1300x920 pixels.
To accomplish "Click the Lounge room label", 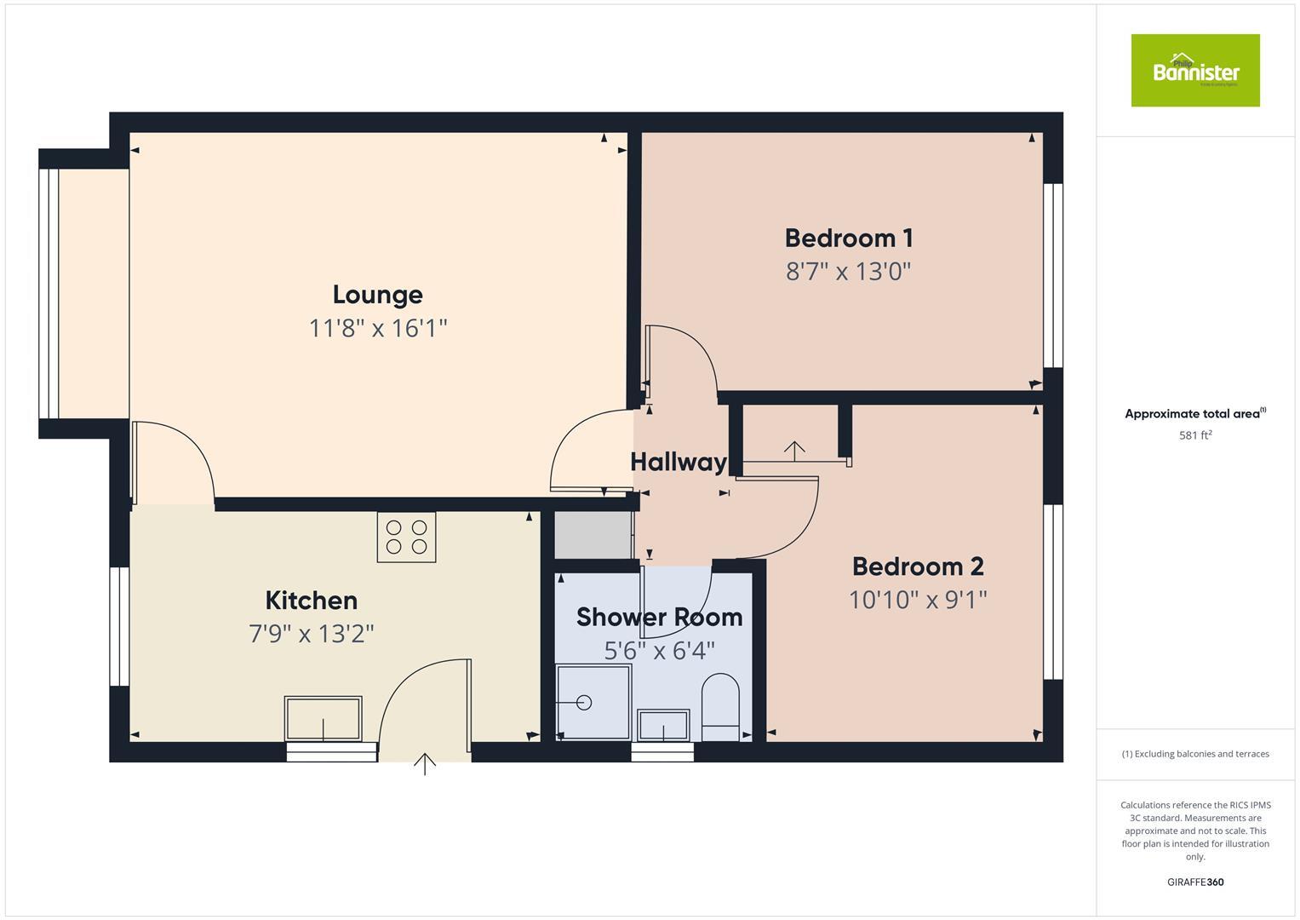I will (377, 295).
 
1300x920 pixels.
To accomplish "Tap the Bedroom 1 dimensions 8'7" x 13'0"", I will (848, 272).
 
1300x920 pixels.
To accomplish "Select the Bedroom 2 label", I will (918, 566).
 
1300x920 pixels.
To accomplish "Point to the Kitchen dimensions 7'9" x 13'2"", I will (312, 634).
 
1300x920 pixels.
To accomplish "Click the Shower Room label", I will (659, 617).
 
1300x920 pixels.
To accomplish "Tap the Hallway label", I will (678, 462).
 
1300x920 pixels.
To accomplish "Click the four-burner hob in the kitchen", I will (406, 537).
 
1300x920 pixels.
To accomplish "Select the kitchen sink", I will (323, 718).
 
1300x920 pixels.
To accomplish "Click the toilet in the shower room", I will (720, 706).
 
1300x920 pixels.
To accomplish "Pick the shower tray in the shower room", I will (593, 702).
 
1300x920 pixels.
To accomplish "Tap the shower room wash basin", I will (663, 725).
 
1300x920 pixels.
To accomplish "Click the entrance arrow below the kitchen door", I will (424, 764).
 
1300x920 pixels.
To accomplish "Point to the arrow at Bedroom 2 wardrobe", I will (794, 450).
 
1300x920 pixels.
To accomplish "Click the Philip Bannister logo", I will (1194, 71).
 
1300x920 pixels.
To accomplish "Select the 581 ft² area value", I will (1194, 435).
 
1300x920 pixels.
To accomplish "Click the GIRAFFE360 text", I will (1194, 882).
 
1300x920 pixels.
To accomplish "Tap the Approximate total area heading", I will (1194, 414).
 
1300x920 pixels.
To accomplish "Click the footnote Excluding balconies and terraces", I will (1194, 754).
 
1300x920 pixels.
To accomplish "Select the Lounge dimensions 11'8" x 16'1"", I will (377, 328).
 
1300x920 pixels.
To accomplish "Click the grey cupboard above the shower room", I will (593, 534).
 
